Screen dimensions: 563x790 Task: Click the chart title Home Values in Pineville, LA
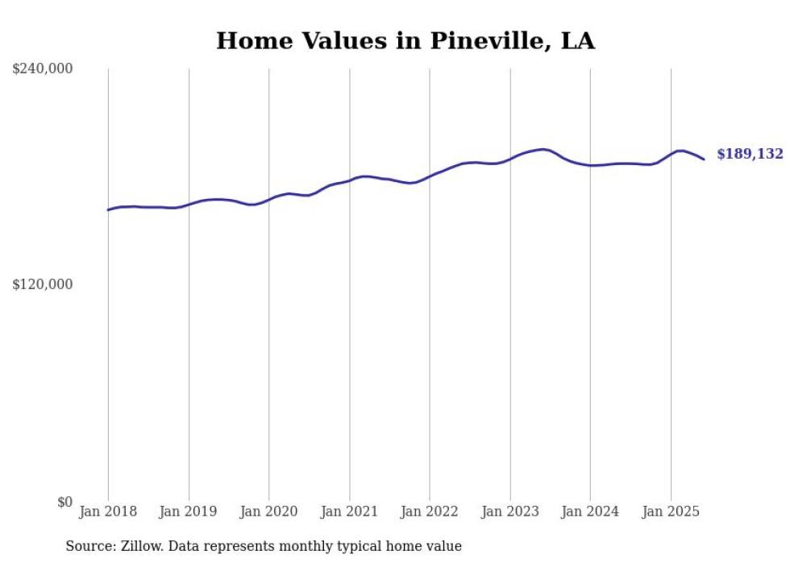pos(405,41)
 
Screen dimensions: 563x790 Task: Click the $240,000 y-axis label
pos(43,69)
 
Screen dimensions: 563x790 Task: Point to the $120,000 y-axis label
pos(43,284)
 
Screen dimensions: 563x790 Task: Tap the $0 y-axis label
pos(64,502)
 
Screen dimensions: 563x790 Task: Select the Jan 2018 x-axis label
pos(108,511)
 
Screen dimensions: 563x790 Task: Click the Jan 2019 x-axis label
pos(189,511)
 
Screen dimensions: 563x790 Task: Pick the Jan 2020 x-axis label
pos(269,511)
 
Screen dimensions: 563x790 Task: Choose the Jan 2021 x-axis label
pos(349,511)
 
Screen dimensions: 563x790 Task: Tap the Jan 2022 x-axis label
pos(430,511)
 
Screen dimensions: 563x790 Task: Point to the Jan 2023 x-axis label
pos(510,511)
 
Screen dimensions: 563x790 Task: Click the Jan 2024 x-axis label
pos(590,511)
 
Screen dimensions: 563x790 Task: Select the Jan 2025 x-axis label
pos(671,511)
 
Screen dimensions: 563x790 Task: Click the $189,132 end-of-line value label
pos(750,154)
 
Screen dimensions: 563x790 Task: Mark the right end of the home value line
pos(704,159)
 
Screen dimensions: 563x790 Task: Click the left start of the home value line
pos(108,210)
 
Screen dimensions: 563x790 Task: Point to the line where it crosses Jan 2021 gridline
pos(349,180)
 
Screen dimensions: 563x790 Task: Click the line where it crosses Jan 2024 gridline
pos(590,166)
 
